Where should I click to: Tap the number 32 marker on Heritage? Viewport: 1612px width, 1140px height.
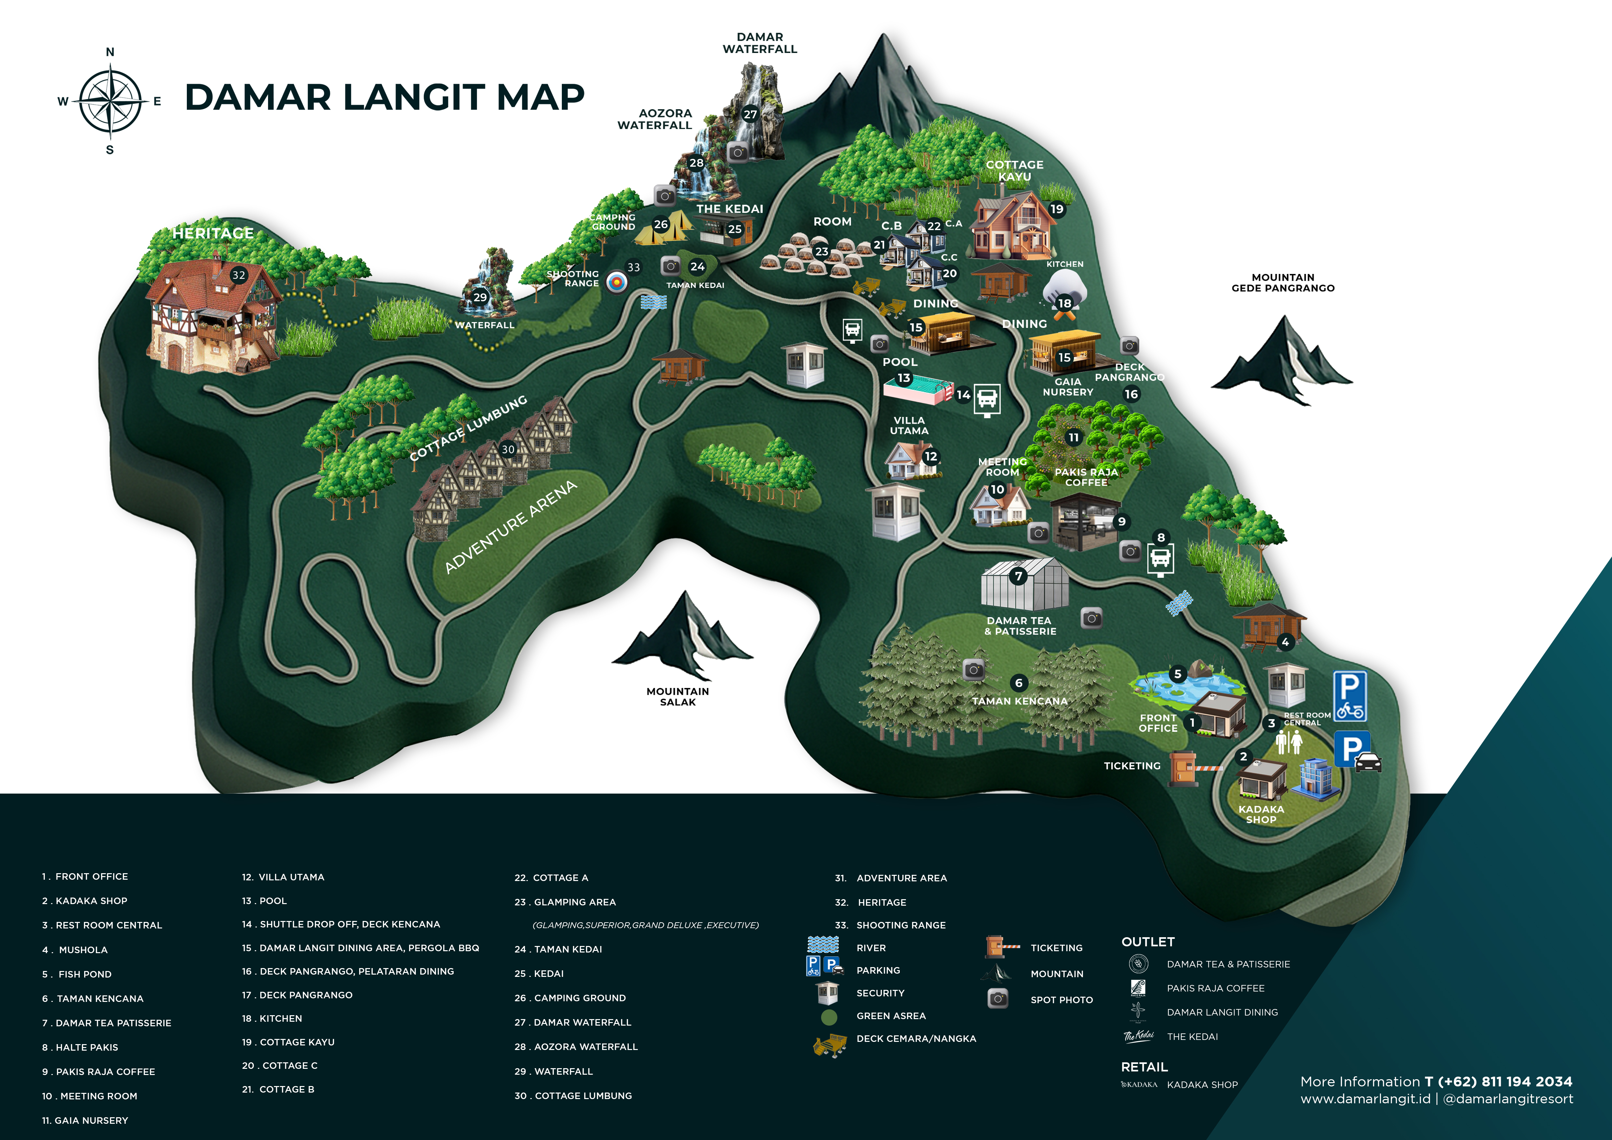point(239,275)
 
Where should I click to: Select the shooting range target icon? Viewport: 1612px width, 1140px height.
point(616,282)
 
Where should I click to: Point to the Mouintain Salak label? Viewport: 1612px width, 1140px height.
point(677,696)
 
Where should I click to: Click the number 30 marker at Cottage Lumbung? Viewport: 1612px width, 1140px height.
point(508,449)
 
